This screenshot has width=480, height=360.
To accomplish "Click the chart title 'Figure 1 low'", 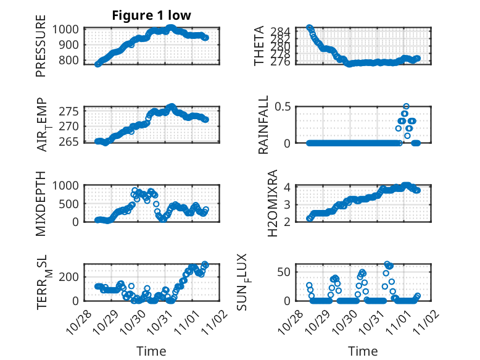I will point(151,15).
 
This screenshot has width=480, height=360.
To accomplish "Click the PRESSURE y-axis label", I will point(41,50).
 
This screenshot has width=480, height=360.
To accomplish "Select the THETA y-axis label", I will point(260,46).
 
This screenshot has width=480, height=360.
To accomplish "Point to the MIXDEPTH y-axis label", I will point(41,203).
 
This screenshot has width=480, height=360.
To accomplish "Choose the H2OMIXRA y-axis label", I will point(260,203).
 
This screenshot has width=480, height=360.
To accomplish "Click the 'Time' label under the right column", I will point(363,351).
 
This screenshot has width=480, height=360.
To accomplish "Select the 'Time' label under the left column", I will point(151,351).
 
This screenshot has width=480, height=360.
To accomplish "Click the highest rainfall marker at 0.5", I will point(406,106).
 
